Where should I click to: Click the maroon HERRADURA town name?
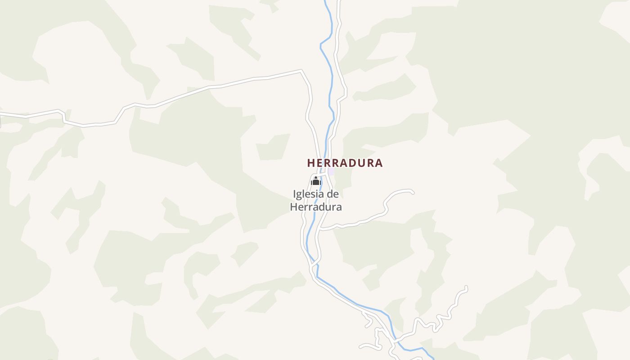[x=345, y=163]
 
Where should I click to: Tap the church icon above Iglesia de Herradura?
[x=315, y=181]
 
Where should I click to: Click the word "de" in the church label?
[x=333, y=194]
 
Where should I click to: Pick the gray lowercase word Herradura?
[x=316, y=207]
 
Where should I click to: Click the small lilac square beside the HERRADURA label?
[x=331, y=171]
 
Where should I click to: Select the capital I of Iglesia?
[x=294, y=194]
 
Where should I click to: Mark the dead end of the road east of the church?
[x=412, y=192]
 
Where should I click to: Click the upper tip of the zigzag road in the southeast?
[x=466, y=287]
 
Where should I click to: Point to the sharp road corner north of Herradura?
[x=301, y=71]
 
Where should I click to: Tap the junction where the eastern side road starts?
[x=319, y=229]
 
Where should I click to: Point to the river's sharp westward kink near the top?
[x=321, y=45]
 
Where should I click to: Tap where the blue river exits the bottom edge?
[x=433, y=359]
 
